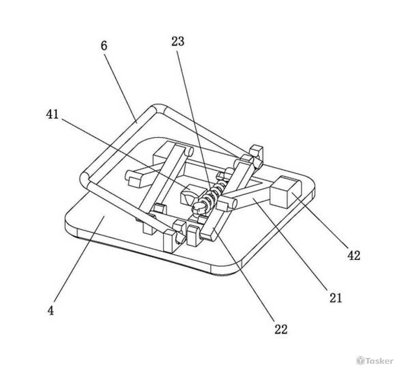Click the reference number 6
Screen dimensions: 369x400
[x=104, y=46]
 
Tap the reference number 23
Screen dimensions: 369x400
[x=178, y=41]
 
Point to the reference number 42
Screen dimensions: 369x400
[x=354, y=255]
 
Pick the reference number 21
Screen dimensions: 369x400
[x=335, y=297]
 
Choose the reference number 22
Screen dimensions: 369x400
[x=280, y=329]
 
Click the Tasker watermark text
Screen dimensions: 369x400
[x=378, y=360]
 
